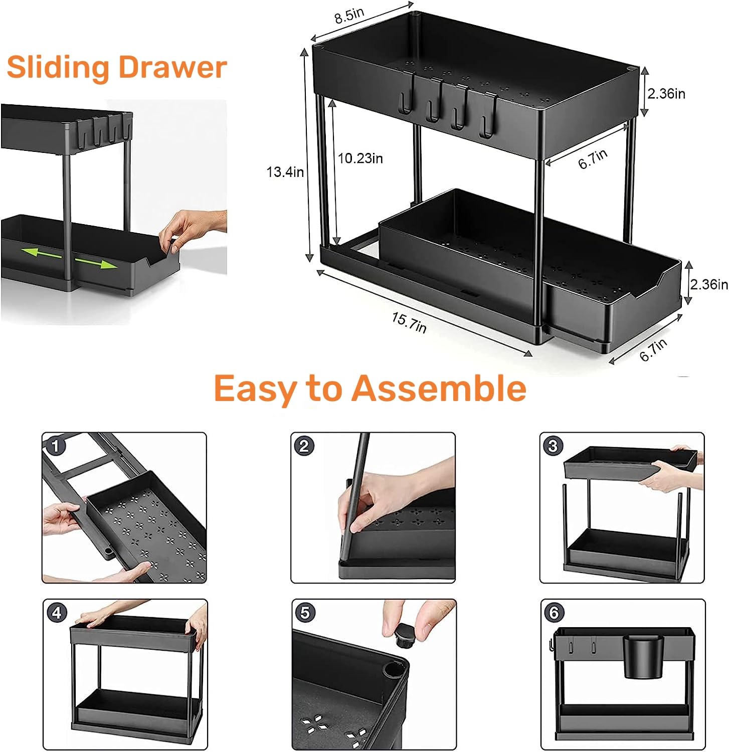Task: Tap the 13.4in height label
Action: [x=285, y=172]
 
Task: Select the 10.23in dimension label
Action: [x=360, y=158]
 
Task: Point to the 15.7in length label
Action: [x=409, y=322]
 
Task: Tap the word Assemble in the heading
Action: [x=439, y=389]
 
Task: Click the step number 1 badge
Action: [x=56, y=446]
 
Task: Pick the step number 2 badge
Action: [x=304, y=446]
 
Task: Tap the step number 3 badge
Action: [x=553, y=446]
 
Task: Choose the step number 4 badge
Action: [x=57, y=613]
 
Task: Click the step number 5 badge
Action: [x=305, y=613]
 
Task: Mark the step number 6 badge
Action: [x=554, y=613]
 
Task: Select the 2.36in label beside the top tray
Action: [x=666, y=94]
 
